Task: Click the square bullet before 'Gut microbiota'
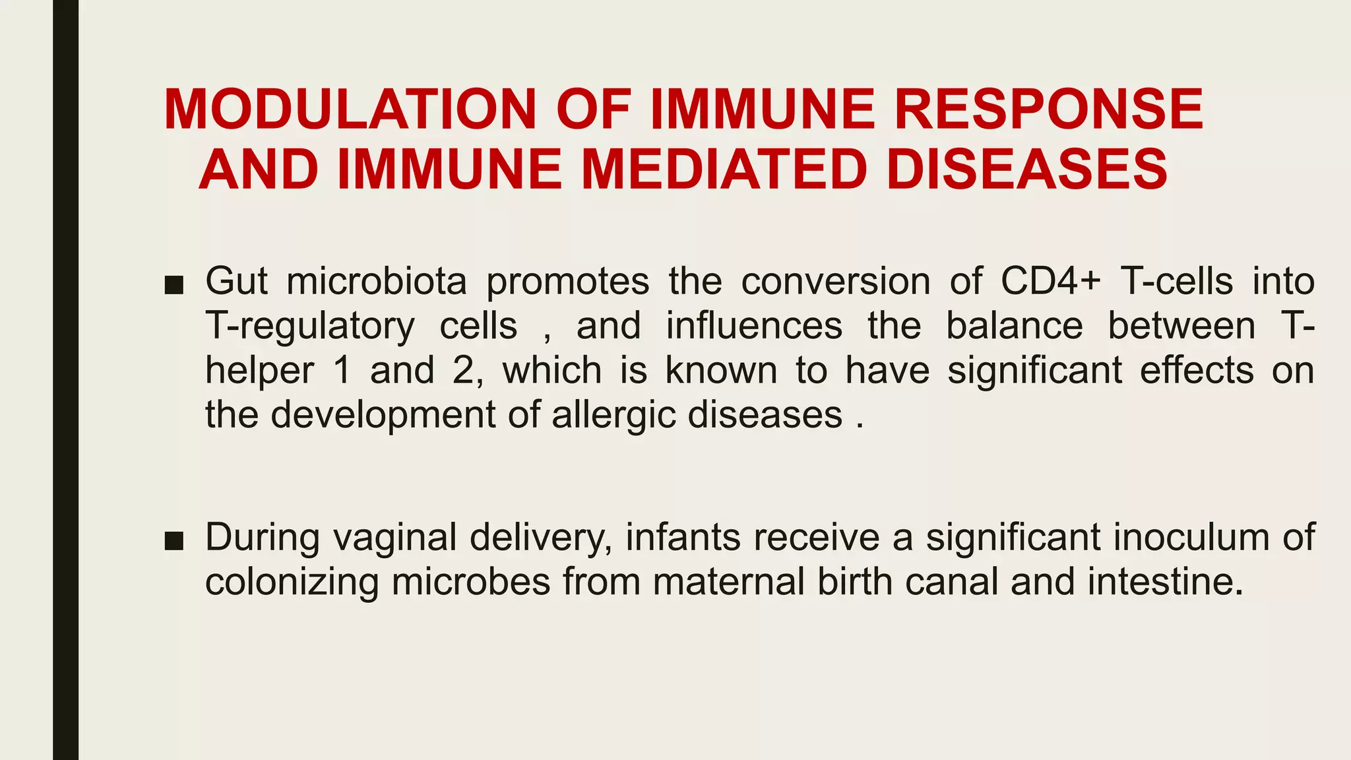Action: (x=173, y=284)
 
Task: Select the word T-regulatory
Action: (x=310, y=326)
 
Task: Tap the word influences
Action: (x=754, y=326)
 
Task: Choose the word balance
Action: (x=1015, y=326)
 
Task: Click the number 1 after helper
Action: (x=342, y=370)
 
